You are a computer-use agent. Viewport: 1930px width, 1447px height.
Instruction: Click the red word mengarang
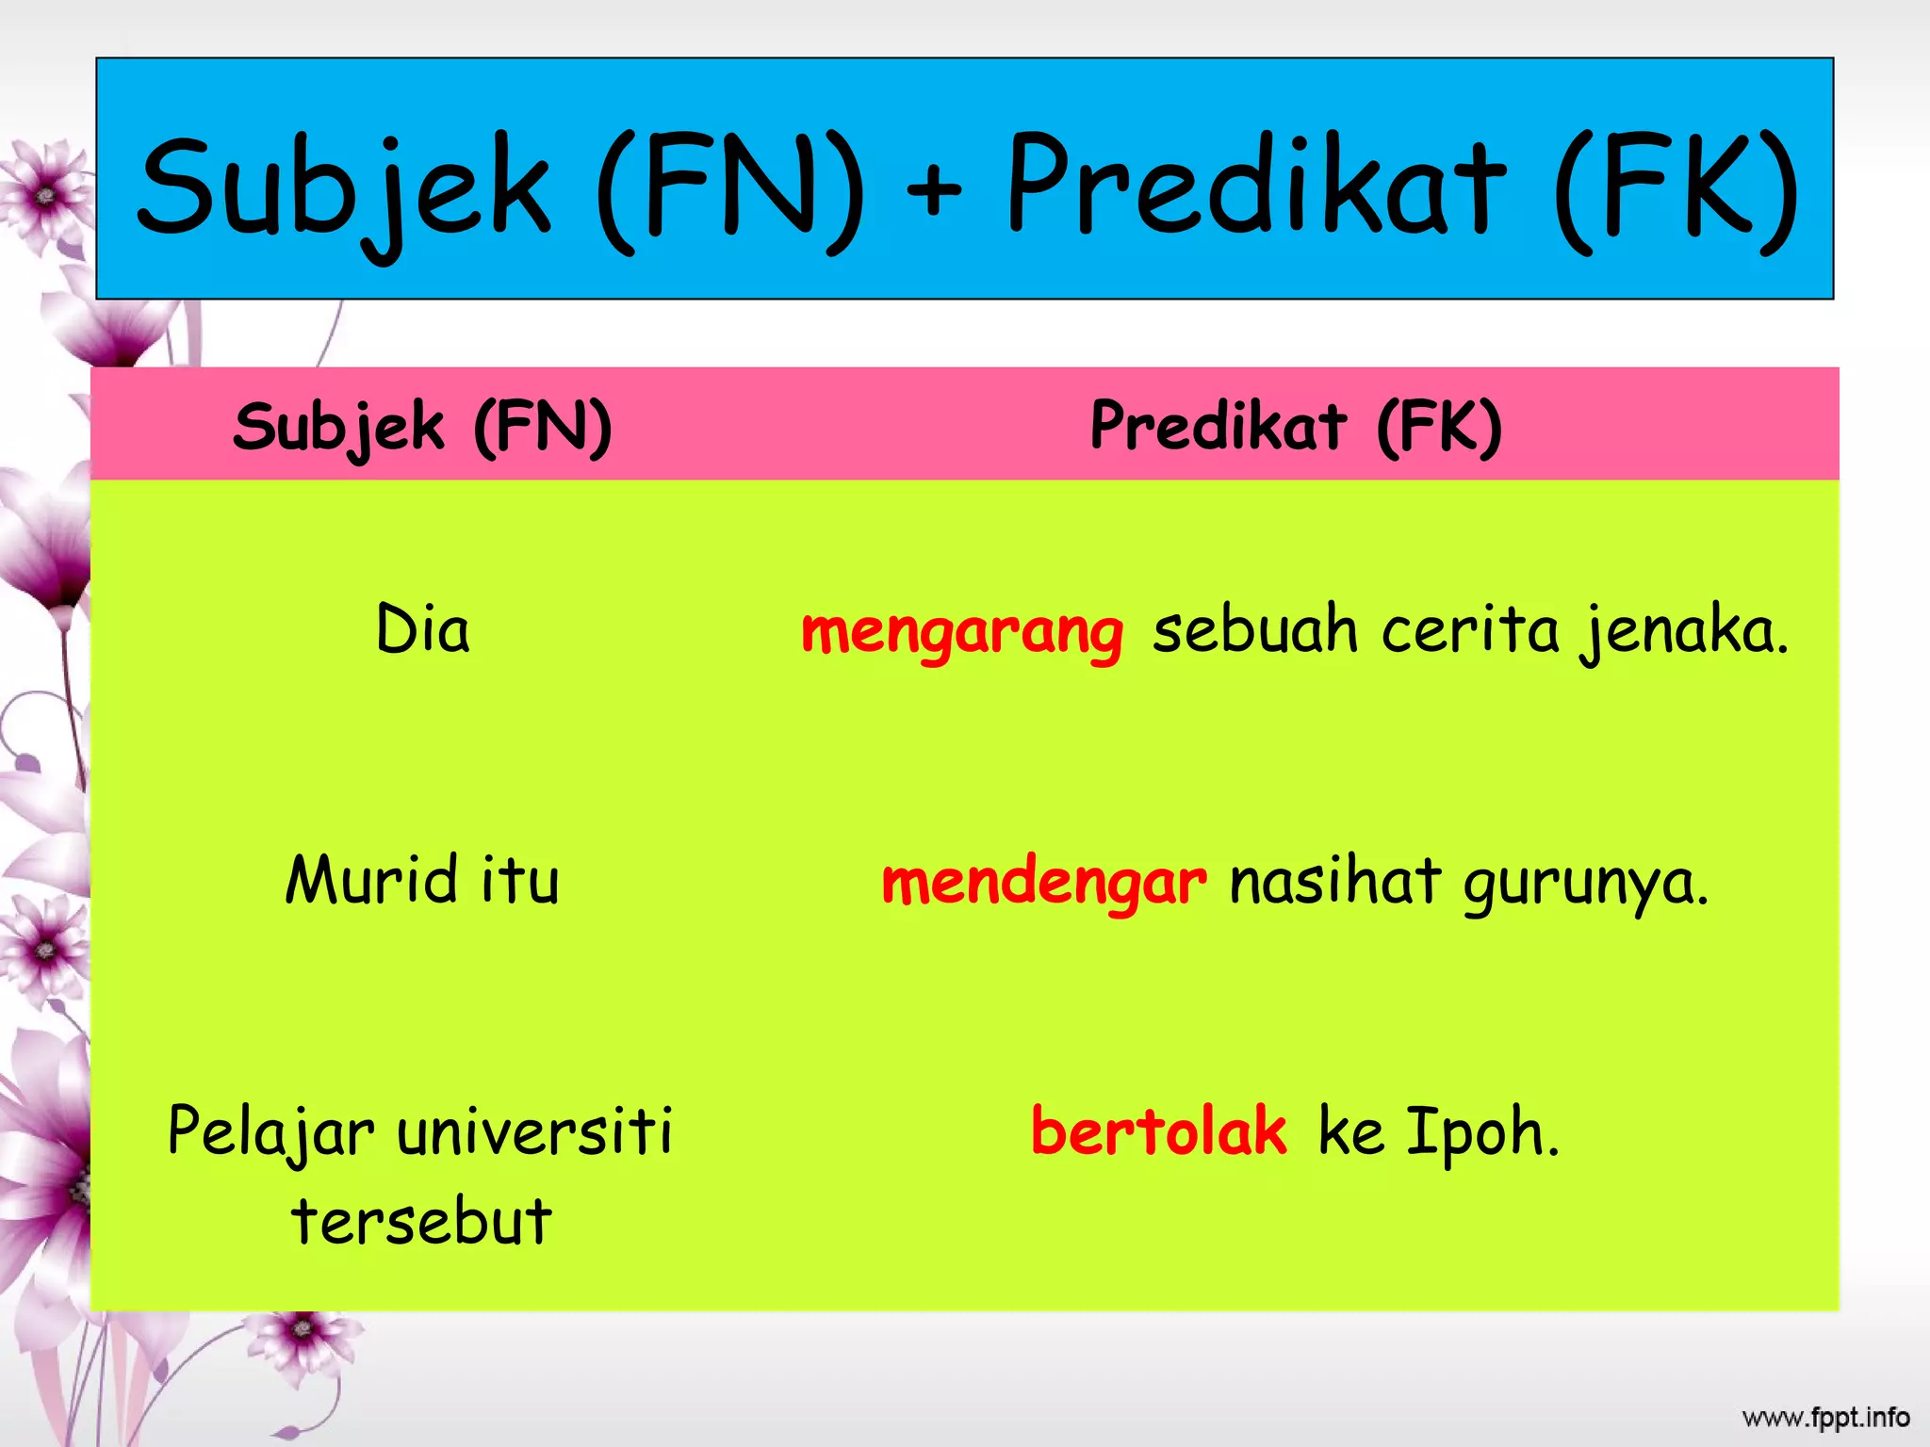click(961, 631)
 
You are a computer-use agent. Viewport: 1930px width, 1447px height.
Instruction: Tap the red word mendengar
click(1043, 883)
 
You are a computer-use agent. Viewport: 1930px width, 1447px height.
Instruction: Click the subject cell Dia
click(422, 629)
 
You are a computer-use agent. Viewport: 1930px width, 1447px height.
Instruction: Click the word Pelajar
click(270, 1131)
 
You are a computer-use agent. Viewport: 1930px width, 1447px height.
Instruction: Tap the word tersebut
click(421, 1222)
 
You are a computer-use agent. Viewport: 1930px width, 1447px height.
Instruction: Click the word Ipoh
click(1482, 1133)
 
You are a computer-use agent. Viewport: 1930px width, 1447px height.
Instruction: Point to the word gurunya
click(1586, 885)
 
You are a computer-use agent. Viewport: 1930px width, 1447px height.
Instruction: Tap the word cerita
click(1470, 630)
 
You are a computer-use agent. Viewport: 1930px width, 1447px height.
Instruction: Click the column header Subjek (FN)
click(422, 428)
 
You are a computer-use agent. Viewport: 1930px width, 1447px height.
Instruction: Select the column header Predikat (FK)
click(1296, 427)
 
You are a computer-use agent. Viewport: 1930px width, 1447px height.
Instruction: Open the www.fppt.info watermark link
click(1825, 1418)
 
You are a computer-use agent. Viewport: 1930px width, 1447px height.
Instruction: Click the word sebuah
click(1254, 630)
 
